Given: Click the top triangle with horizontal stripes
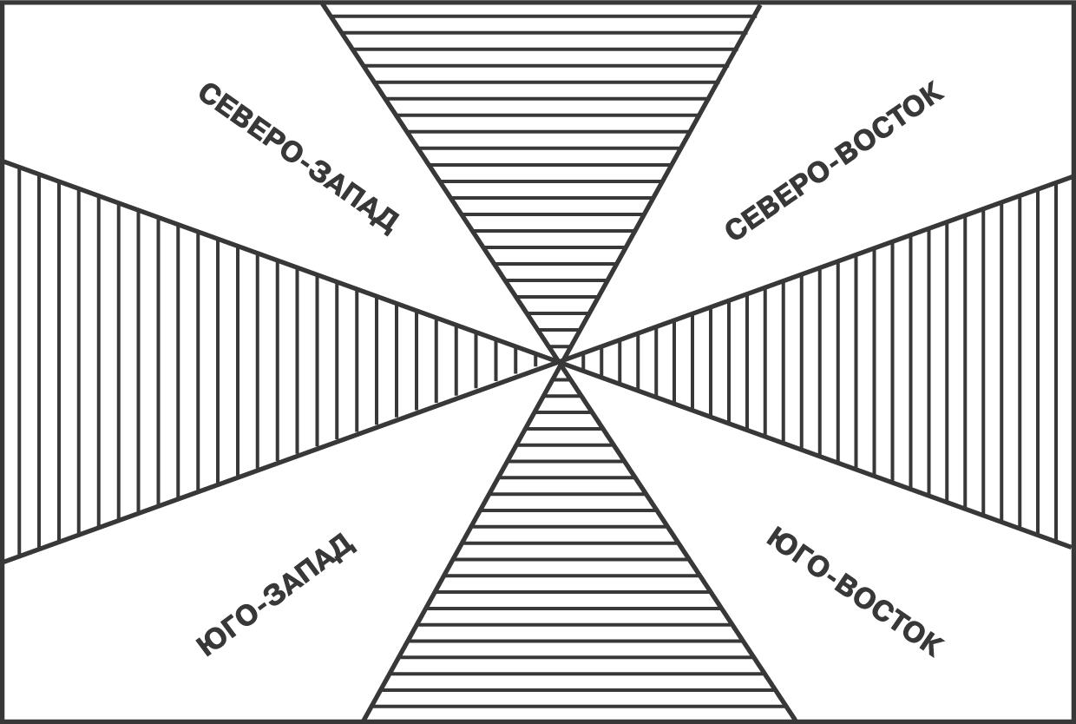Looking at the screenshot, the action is pos(542,130).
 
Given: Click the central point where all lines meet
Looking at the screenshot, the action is pos(561,362).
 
